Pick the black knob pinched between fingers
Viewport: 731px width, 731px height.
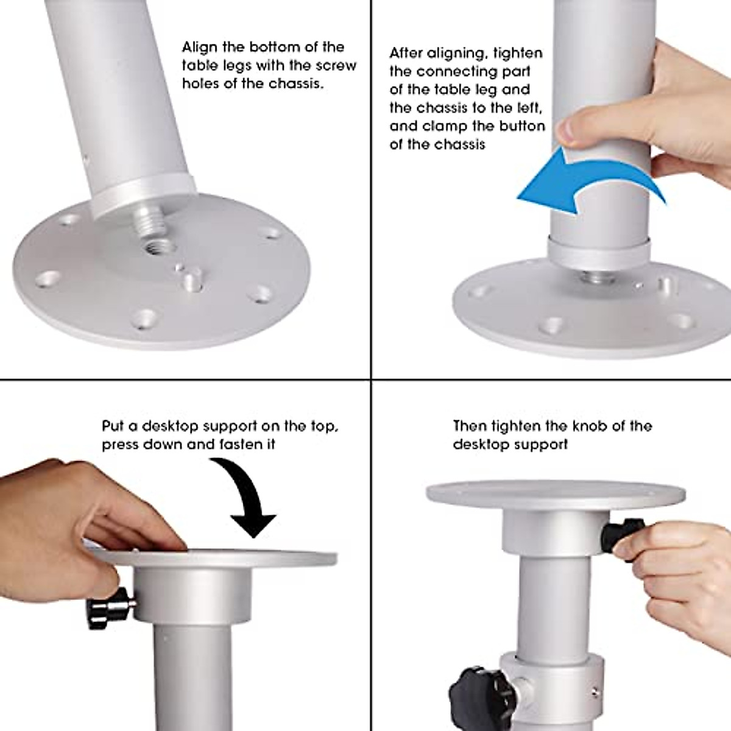(620, 534)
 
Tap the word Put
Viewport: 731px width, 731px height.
(112, 426)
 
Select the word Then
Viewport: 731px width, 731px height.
(470, 426)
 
